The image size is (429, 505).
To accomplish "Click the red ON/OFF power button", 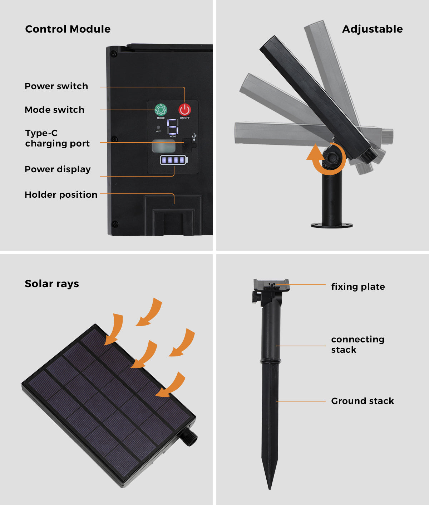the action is click(184, 110).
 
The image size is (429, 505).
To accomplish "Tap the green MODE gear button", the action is click(161, 110).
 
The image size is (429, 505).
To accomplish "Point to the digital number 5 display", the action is click(173, 126).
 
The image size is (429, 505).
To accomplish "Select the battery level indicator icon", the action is click(174, 160).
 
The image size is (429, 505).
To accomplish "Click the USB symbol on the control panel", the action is click(194, 137).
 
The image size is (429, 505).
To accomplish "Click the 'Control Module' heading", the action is click(68, 29).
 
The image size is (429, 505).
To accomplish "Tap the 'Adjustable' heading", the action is click(373, 29).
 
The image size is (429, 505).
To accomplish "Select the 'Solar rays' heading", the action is click(52, 284).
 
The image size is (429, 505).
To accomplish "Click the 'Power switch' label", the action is click(56, 86).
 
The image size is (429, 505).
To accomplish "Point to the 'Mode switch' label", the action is click(55, 110).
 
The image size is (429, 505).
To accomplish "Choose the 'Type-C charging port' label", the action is click(57, 138).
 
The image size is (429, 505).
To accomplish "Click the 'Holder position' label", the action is click(61, 195).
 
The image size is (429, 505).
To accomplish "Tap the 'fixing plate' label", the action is click(358, 287).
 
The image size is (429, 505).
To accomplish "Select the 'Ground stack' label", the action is click(363, 401).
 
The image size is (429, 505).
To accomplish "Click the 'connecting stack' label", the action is click(358, 345).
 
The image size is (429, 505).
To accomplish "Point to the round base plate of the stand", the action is click(332, 225).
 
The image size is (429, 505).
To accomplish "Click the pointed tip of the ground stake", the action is click(270, 488).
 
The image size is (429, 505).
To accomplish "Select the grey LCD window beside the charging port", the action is click(164, 146).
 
